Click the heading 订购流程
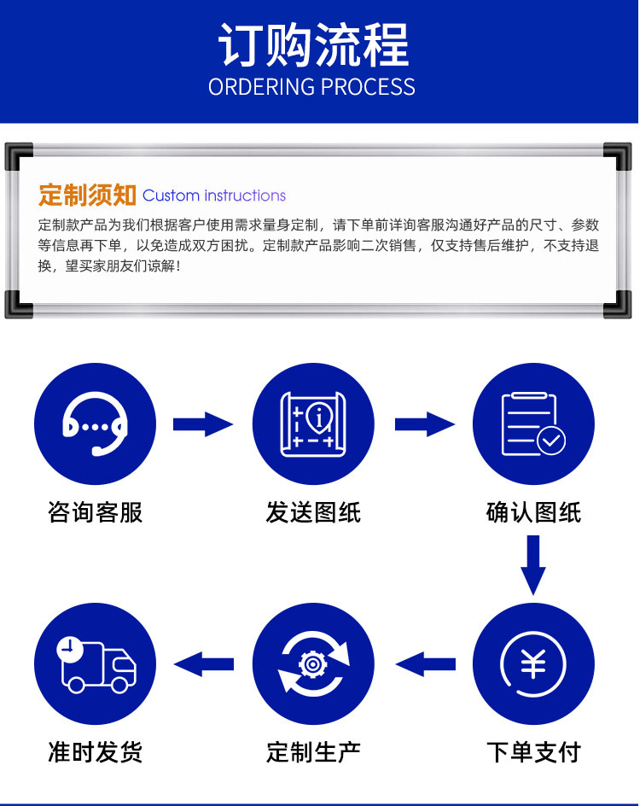pyautogui.click(x=313, y=45)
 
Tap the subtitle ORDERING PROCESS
pyautogui.click(x=311, y=87)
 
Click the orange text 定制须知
pyautogui.click(x=87, y=196)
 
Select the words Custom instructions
pyautogui.click(x=213, y=196)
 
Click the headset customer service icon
pyautogui.click(x=95, y=423)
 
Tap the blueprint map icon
pyautogui.click(x=313, y=424)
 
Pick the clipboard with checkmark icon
pyautogui.click(x=533, y=424)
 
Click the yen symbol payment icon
pyautogui.click(x=533, y=663)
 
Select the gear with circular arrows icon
pyautogui.click(x=313, y=663)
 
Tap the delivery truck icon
pyautogui.click(x=96, y=664)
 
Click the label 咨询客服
pyautogui.click(x=95, y=512)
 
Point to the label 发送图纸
pyautogui.click(x=313, y=512)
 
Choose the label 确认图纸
pyautogui.click(x=533, y=512)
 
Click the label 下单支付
pyautogui.click(x=533, y=752)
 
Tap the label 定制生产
pyautogui.click(x=313, y=752)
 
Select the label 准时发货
pyautogui.click(x=95, y=752)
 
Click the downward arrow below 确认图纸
pyautogui.click(x=533, y=565)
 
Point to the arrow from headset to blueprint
pyautogui.click(x=203, y=424)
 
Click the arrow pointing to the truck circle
pyautogui.click(x=203, y=664)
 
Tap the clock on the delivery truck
pyautogui.click(x=69, y=649)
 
